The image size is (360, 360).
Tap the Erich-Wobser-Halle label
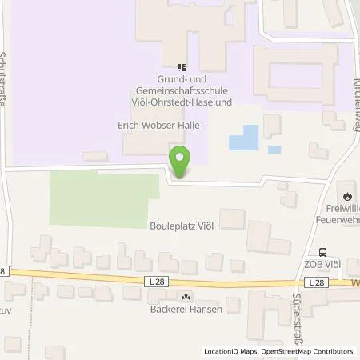point(154,126)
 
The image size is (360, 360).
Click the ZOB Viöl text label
point(324,266)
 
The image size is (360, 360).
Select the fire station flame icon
point(347,195)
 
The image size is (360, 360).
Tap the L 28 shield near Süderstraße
point(317,282)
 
